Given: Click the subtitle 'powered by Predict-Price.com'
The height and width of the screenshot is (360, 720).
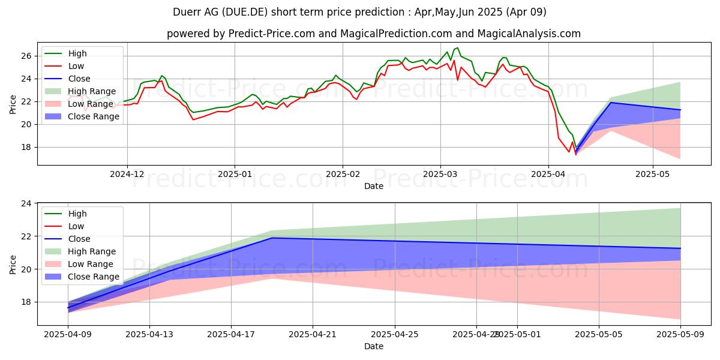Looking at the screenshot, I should coord(373,34).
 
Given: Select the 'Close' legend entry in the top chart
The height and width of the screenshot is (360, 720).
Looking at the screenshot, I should coord(79,79).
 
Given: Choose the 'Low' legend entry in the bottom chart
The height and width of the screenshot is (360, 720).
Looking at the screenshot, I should coord(76,226).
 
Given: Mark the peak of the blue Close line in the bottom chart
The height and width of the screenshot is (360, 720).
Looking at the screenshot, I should coord(272,238).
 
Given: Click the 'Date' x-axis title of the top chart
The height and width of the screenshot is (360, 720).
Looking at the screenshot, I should coord(373,186).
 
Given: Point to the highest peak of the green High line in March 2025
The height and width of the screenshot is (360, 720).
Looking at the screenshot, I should coord(458,47).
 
